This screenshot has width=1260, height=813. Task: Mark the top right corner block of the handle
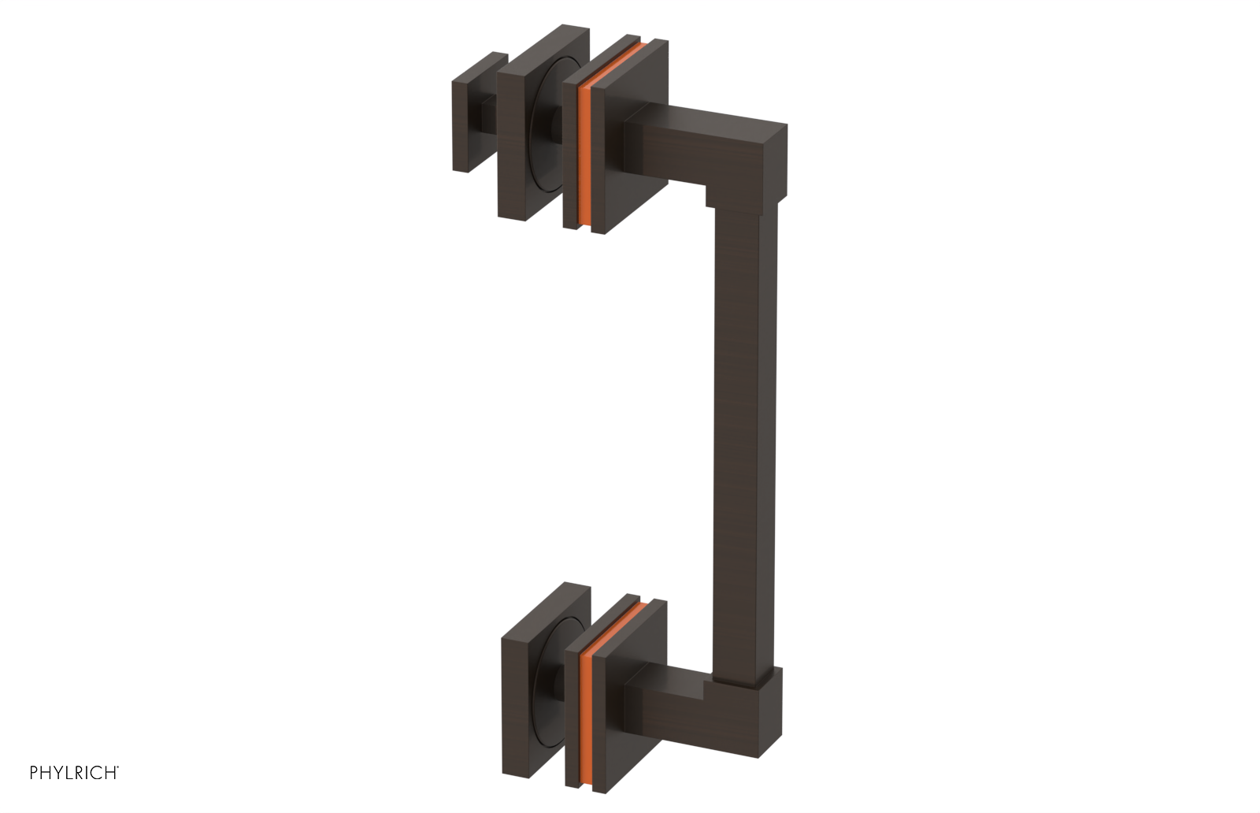768,158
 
